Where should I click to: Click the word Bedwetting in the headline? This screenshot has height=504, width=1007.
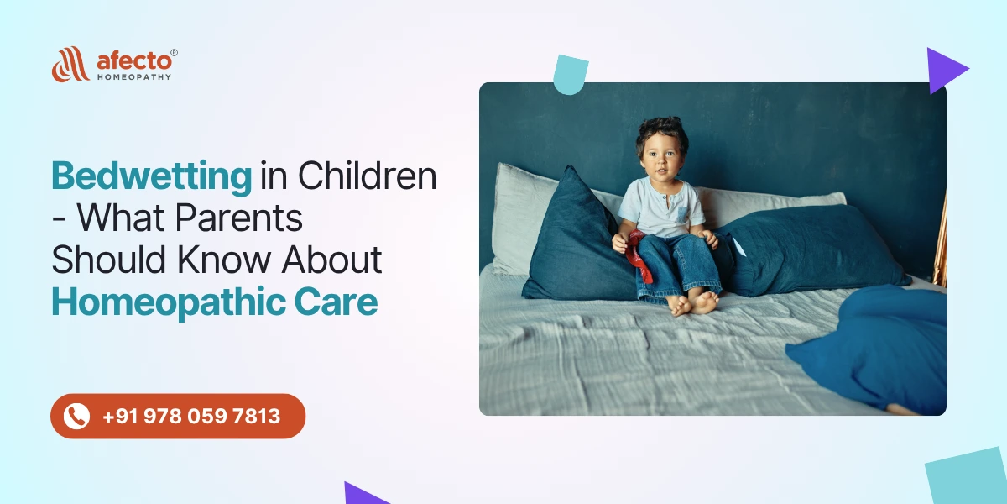(151, 177)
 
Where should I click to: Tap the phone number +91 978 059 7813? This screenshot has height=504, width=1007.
(191, 416)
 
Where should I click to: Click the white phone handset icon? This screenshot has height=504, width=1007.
(77, 416)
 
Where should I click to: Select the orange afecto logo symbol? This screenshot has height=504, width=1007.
(70, 64)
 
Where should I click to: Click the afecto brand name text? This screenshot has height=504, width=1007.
(134, 60)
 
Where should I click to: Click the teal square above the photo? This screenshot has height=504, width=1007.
(571, 73)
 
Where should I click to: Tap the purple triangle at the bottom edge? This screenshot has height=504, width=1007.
(363, 494)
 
